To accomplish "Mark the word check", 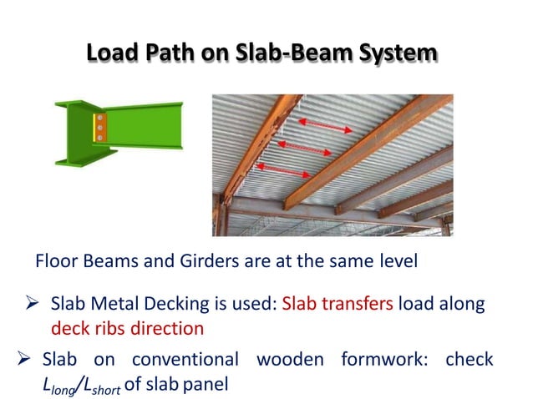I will (x=469, y=361).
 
